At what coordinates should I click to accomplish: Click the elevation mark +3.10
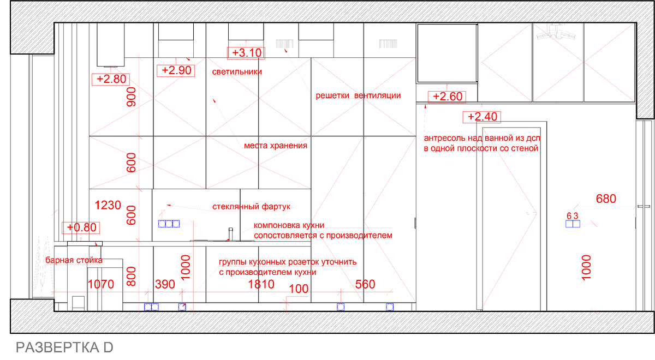pos(246,53)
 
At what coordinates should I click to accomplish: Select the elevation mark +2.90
pos(176,71)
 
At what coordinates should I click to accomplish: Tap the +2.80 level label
pos(111,80)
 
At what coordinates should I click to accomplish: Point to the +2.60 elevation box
pos(447,97)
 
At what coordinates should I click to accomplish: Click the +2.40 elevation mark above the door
pos(482,117)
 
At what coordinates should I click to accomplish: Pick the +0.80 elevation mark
pos(81,227)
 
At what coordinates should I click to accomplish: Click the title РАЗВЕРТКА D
pos(64,347)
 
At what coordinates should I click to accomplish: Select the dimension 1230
pos(108,205)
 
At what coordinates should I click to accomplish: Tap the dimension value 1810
pos(261,284)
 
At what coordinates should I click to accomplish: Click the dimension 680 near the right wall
pos(606,199)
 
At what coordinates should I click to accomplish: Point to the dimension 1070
pos(100,284)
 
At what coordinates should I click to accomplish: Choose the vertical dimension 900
pos(132,97)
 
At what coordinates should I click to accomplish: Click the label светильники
pos(237,72)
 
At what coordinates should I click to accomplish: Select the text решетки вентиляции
pos(358,95)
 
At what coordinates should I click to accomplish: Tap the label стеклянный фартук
pos(251,207)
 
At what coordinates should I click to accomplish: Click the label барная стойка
pos(74,260)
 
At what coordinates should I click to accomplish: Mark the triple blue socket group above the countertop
pos(169,224)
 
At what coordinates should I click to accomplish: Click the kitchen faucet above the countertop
pos(231,234)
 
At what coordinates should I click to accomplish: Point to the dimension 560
pos(365,284)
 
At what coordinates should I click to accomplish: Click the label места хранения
pos(276,146)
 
